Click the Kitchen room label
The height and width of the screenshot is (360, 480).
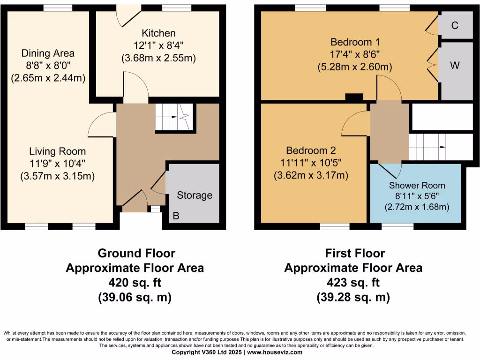coord(159,33)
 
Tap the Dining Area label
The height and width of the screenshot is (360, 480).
coord(48,53)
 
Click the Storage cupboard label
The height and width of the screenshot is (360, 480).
coord(195,195)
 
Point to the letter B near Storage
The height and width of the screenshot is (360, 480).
coord(176,216)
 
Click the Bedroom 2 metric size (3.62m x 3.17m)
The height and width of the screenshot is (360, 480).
coord(311,176)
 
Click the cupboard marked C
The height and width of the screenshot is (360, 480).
coord(455,25)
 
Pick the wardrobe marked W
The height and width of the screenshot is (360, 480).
coord(455,66)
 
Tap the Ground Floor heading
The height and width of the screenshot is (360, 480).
coord(136,254)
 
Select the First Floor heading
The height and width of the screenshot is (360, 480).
coord(355,254)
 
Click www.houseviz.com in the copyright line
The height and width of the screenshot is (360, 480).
coord(274,352)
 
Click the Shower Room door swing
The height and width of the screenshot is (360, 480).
coord(390,169)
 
